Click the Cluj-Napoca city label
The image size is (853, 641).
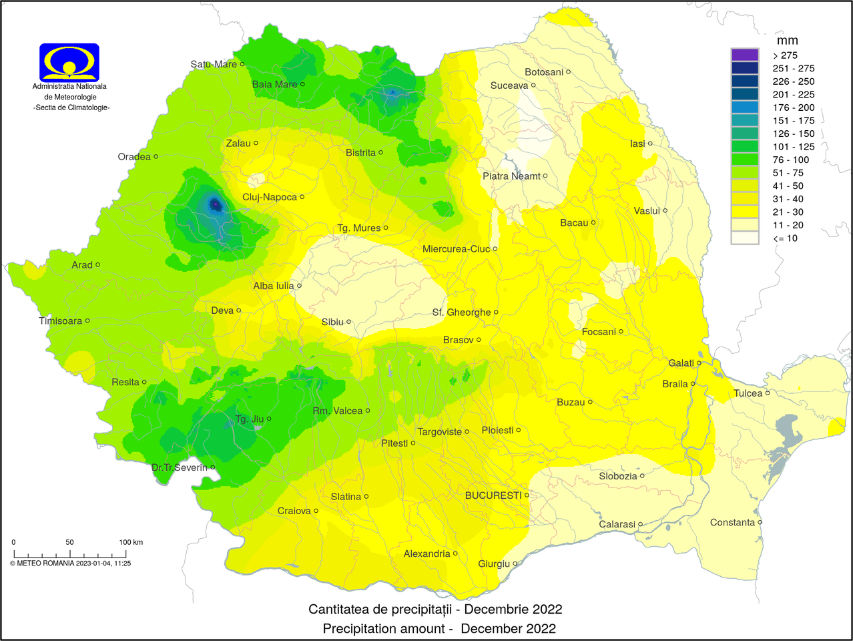[x=270, y=197]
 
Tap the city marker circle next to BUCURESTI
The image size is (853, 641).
[x=527, y=495]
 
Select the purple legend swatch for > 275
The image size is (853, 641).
[x=745, y=55]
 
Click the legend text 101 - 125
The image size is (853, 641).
[x=793, y=146]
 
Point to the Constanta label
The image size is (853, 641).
[x=732, y=522]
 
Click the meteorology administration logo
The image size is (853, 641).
[x=69, y=63]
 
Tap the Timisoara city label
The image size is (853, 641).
[x=60, y=320]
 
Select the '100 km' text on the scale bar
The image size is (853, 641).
[x=131, y=542]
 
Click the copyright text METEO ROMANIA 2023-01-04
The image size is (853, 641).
[x=70, y=563]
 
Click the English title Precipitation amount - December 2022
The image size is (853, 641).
[x=439, y=628]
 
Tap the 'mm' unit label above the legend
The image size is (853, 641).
[x=787, y=41]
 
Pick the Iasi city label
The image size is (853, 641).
[x=637, y=144]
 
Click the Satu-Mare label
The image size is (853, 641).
[x=214, y=64]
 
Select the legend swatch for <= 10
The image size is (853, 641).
[x=745, y=238]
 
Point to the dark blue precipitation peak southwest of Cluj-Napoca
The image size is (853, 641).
[x=215, y=204]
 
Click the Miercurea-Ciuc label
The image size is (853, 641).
[x=456, y=249]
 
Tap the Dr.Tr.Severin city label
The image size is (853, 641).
[x=180, y=467]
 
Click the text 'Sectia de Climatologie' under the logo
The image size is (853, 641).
[x=71, y=108]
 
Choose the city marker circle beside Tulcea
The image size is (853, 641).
[x=768, y=393]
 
